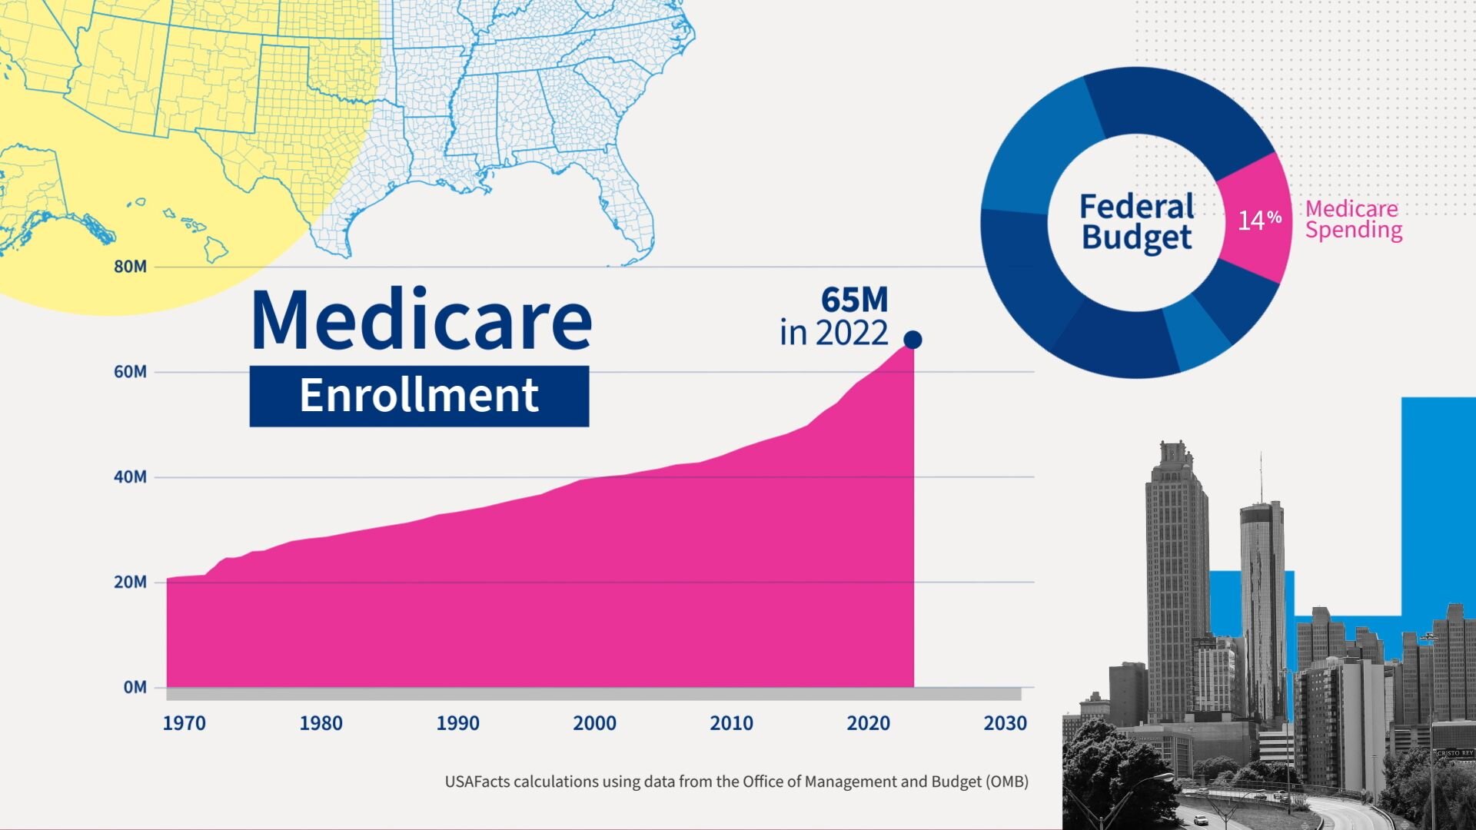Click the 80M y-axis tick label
coord(130,267)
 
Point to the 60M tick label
coord(130,372)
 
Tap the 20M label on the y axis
coord(130,583)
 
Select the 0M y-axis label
coord(135,688)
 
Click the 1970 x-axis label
coord(184,723)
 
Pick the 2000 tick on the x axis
coord(594,723)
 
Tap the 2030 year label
coord(1005,723)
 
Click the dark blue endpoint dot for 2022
coord(913,340)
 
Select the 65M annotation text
coord(854,300)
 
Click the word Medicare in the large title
coord(421,320)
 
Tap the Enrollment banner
coord(419,396)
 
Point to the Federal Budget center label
coord(1136,222)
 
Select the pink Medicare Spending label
coord(1353,220)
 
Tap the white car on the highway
coord(1200,820)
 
